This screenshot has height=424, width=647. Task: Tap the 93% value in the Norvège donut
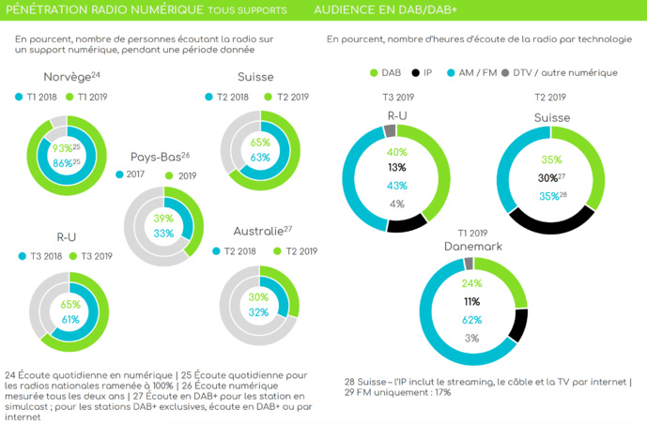(63, 148)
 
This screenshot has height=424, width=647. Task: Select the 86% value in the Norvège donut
(63, 162)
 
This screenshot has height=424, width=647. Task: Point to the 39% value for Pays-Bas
(163, 218)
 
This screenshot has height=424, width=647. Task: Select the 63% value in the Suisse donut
(260, 158)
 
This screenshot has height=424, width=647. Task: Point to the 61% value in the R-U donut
(69, 319)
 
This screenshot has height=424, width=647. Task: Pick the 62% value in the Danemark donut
(470, 319)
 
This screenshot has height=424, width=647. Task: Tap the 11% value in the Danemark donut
(470, 301)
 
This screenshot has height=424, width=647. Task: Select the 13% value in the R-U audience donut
(396, 168)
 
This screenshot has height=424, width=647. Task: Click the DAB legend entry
(385, 73)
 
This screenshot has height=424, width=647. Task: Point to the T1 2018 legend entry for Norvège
(39, 97)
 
